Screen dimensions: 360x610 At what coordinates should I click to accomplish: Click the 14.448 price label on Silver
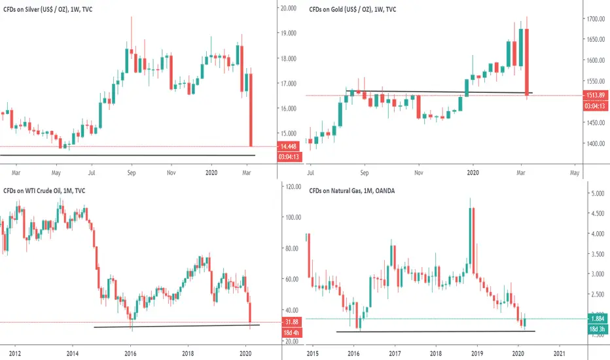coord(289,147)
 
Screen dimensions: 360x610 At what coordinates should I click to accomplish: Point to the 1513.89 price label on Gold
coord(595,96)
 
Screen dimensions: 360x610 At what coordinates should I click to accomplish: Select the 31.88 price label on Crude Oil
coord(289,322)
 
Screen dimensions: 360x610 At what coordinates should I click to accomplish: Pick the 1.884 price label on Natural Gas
coord(595,319)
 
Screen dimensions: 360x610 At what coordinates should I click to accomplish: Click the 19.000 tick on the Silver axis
coord(289,33)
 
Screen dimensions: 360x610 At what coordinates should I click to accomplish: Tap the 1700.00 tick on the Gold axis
coord(595,20)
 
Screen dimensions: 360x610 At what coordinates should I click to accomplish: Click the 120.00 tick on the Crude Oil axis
coord(290,187)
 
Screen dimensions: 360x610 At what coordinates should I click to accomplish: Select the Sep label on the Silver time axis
coord(132,173)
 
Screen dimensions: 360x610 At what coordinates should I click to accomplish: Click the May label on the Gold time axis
coord(575,173)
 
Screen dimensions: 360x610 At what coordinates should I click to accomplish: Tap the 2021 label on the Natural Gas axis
coord(560,353)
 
